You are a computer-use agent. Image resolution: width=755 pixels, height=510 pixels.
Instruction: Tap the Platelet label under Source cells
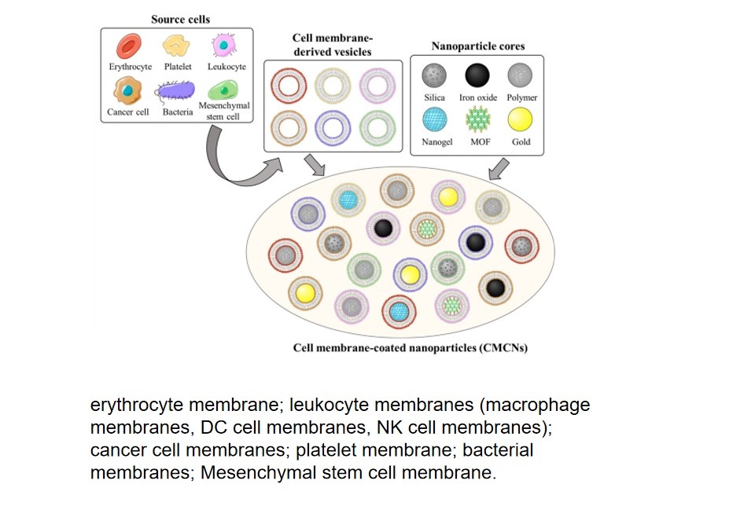178,67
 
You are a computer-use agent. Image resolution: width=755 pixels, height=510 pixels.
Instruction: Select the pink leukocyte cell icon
226,46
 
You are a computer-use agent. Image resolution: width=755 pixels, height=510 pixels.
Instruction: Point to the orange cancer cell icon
127,93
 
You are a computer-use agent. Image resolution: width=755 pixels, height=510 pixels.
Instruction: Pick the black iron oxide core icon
477,76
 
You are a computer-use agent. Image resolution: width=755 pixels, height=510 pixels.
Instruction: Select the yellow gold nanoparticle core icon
521,120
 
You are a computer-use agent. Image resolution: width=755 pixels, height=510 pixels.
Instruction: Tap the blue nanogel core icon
433,120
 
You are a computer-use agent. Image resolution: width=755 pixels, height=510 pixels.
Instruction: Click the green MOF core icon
477,120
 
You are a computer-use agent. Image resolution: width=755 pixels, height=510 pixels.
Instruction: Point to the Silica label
434,97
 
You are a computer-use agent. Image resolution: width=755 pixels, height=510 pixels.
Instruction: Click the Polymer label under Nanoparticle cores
521,97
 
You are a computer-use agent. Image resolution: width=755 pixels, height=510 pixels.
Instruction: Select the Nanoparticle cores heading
477,46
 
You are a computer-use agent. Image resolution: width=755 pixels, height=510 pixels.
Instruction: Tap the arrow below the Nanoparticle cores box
499,167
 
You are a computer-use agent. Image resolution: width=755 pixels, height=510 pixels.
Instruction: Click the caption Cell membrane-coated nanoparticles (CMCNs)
410,347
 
